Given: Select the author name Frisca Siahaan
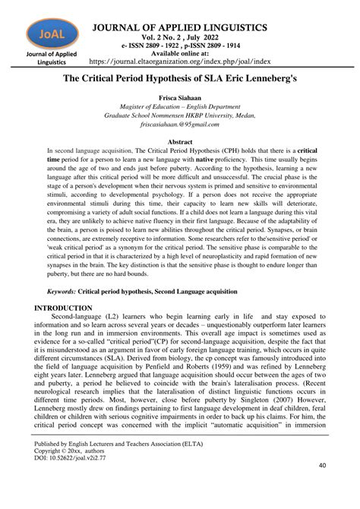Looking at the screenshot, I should coord(180,100).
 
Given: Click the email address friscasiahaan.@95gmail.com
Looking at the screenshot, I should coord(180,125).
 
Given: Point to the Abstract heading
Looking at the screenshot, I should coord(180,142).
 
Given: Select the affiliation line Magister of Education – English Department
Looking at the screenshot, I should coord(180,108).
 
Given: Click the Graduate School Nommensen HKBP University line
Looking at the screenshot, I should coord(180,116).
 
